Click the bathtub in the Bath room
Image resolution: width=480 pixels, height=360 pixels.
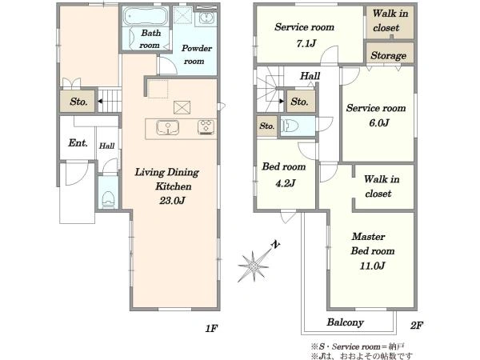[146, 16]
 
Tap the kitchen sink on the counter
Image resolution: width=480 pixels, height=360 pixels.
[167, 127]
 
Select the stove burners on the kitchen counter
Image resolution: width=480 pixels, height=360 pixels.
[206, 127]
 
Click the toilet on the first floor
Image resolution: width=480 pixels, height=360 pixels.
[107, 199]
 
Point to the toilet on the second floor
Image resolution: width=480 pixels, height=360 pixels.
[290, 126]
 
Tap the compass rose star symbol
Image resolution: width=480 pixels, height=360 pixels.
[254, 266]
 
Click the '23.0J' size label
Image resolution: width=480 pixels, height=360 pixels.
[172, 201]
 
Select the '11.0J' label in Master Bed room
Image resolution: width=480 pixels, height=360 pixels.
[372, 266]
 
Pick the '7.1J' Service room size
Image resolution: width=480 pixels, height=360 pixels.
[306, 43]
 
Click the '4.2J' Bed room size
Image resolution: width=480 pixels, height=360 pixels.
[286, 183]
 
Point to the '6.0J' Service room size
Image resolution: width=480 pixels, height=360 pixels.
[379, 122]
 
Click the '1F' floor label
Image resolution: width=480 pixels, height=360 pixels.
[211, 329]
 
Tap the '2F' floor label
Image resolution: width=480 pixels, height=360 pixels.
[417, 325]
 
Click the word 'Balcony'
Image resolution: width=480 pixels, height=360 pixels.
[346, 322]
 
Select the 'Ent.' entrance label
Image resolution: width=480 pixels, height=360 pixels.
[78, 142]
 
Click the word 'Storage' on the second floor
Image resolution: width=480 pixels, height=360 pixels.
[389, 55]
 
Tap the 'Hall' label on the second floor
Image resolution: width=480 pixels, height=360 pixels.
[310, 76]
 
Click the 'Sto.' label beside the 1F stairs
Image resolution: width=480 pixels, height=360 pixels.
[78, 102]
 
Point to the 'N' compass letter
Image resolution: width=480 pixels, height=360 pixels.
[277, 245]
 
